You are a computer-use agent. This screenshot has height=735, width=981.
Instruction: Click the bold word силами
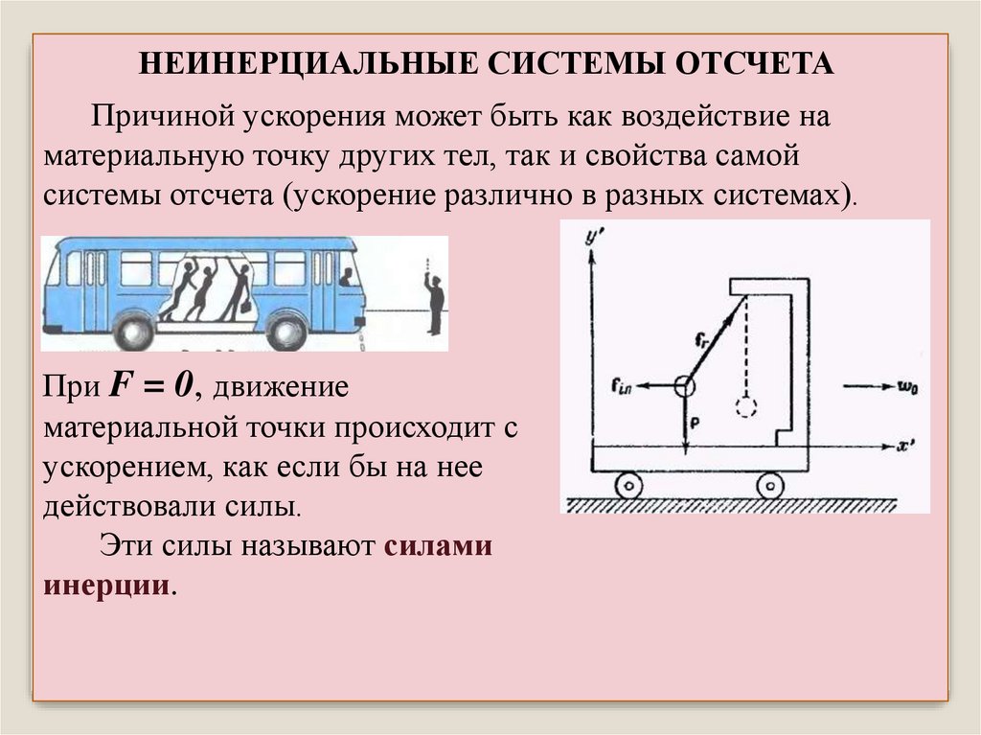coord(437,548)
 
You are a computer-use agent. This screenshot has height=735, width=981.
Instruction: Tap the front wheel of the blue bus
coord(286,332)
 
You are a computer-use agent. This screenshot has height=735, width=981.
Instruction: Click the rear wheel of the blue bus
coord(132,332)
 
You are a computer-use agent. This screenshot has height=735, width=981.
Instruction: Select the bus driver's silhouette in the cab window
coord(346,277)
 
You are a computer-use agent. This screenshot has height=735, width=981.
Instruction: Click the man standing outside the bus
coord(435,301)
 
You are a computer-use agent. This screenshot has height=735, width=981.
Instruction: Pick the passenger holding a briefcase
coord(235,291)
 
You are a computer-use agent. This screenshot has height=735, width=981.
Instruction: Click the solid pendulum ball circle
coord(685,387)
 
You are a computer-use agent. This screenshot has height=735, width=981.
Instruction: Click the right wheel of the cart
coord(771,486)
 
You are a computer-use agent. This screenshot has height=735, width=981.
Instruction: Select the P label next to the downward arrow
coord(695,420)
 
